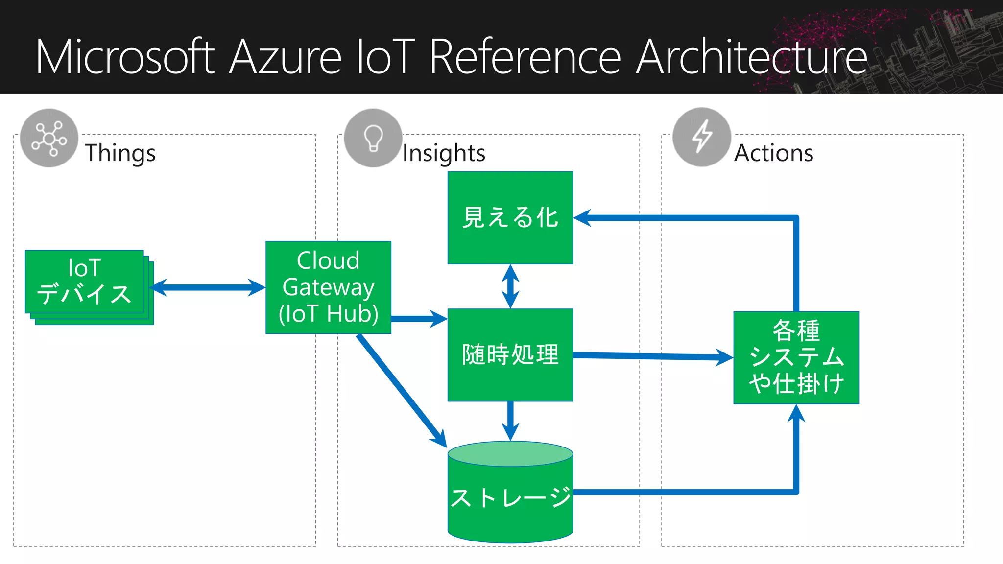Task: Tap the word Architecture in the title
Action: point(752,57)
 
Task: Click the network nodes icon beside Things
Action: point(49,138)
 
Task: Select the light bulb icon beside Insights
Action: point(373,138)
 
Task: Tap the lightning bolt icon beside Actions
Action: point(702,137)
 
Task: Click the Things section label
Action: point(120,153)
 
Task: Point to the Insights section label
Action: point(444,153)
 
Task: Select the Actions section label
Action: point(774,153)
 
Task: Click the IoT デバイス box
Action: point(84,282)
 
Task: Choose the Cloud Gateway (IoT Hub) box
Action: point(328,287)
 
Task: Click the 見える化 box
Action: point(510,217)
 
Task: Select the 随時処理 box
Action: point(510,354)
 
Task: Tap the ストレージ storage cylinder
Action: point(510,497)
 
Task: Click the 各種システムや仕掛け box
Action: point(796,357)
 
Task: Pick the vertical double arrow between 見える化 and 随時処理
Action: point(510,286)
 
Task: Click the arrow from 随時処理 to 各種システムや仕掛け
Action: point(651,356)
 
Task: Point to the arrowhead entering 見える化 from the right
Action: point(583,218)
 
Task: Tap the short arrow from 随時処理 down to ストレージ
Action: point(510,421)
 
